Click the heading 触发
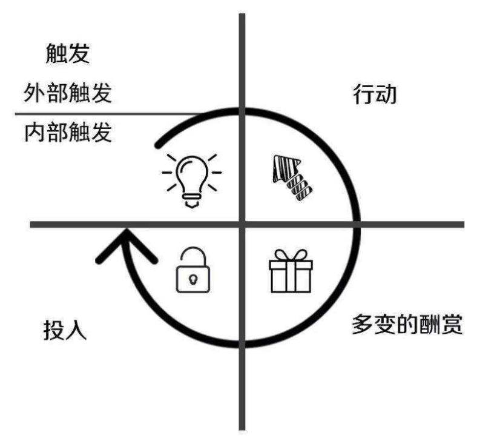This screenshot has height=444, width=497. (68, 53)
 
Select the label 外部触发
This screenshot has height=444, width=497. (68, 93)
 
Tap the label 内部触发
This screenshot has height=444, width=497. (68, 132)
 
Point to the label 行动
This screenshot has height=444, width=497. (375, 94)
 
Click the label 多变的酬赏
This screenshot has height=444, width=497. (407, 324)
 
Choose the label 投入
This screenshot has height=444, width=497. (65, 330)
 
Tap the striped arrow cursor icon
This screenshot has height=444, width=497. (292, 177)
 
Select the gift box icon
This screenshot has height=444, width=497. (291, 271)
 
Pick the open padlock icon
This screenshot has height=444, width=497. (193, 270)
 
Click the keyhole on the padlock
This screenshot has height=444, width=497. (193, 280)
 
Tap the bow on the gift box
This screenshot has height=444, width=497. (291, 255)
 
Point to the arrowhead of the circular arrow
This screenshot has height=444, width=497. (126, 244)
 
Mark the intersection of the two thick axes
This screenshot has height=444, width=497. (242, 225)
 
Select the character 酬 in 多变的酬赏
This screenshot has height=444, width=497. (430, 324)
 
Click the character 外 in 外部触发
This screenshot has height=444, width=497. (35, 93)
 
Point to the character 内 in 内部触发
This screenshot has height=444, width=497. (35, 132)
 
